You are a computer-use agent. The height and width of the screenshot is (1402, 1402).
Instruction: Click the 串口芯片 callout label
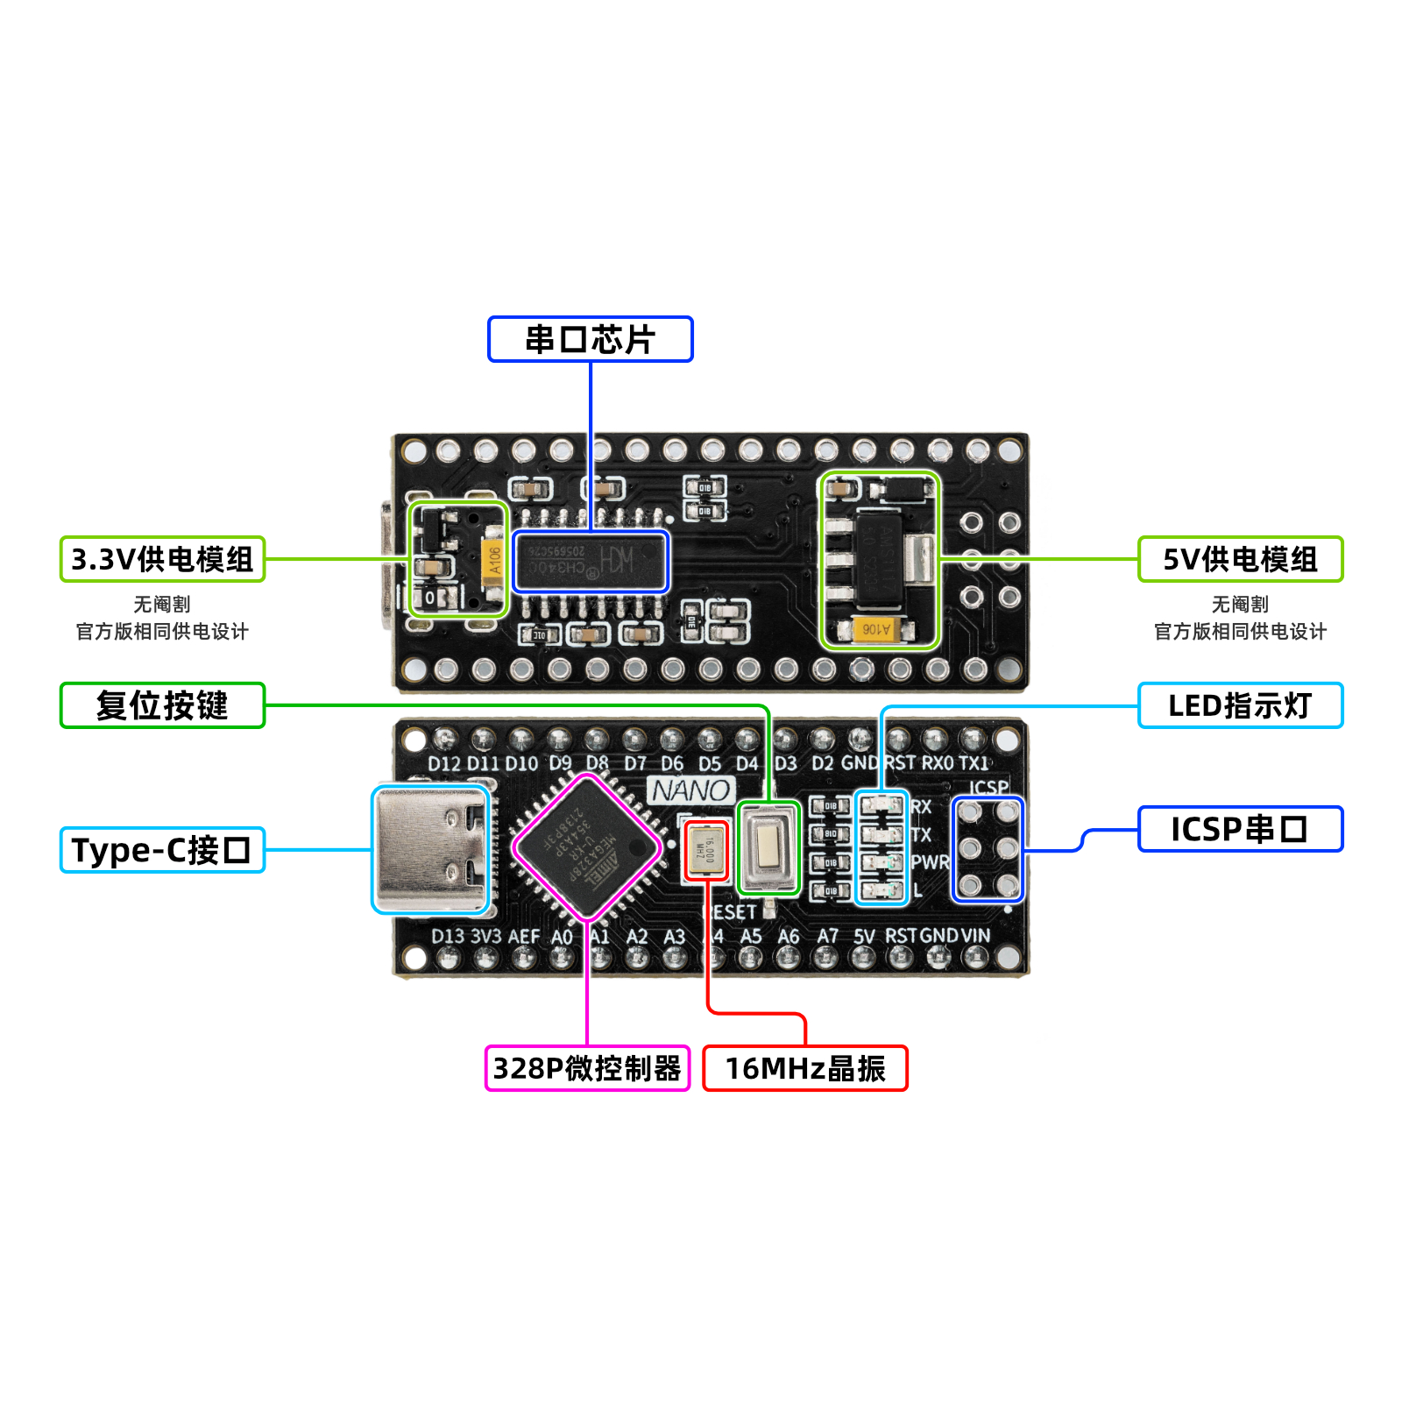[590, 339]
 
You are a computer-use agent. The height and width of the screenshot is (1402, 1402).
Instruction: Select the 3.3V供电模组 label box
[162, 559]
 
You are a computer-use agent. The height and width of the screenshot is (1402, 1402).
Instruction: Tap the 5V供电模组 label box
[1240, 559]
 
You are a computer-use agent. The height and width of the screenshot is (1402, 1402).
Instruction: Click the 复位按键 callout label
[162, 705]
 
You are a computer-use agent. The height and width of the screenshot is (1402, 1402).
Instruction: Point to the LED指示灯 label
[1240, 705]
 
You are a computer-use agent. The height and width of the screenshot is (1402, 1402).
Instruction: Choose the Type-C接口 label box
[162, 850]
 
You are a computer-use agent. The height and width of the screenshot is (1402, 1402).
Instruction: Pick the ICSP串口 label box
[1240, 829]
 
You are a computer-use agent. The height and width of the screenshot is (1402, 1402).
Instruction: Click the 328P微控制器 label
[587, 1068]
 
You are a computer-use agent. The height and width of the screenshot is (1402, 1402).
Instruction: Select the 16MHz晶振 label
[805, 1068]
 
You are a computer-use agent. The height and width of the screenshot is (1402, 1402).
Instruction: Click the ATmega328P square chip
[586, 847]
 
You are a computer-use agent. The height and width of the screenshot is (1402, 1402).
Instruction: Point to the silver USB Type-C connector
[431, 849]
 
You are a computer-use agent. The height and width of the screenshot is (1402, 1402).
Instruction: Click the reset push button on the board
[768, 847]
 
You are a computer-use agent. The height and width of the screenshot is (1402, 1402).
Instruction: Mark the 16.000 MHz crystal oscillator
[706, 851]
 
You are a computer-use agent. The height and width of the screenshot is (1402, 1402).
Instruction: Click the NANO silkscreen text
[691, 790]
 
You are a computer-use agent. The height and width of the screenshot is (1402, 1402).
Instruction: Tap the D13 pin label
[448, 936]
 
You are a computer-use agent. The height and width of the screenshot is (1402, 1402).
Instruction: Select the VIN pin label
[975, 936]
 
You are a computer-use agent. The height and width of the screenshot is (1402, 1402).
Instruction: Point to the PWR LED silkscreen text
[929, 862]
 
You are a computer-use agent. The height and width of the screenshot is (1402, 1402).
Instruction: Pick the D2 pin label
[822, 763]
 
